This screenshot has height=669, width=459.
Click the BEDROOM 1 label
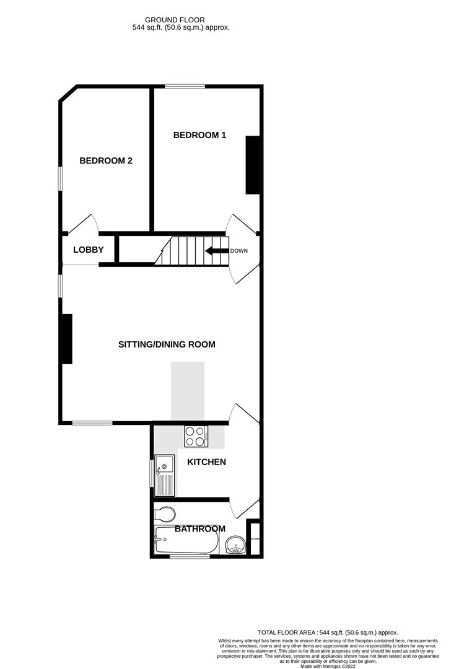click(x=199, y=135)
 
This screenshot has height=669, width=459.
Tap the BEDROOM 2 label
click(x=106, y=160)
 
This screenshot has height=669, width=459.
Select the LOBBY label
click(x=88, y=250)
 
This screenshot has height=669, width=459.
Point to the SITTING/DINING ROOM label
click(x=167, y=344)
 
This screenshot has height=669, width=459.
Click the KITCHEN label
click(x=206, y=462)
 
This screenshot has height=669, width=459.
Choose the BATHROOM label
click(x=199, y=529)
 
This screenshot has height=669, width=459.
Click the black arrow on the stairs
click(x=216, y=251)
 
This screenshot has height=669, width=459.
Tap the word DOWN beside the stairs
click(x=239, y=251)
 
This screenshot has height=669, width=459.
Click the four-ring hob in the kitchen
click(x=196, y=436)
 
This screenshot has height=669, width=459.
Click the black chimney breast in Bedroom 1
click(x=253, y=165)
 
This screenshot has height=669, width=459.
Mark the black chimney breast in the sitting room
click(x=66, y=338)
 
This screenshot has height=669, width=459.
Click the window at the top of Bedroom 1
click(x=185, y=86)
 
